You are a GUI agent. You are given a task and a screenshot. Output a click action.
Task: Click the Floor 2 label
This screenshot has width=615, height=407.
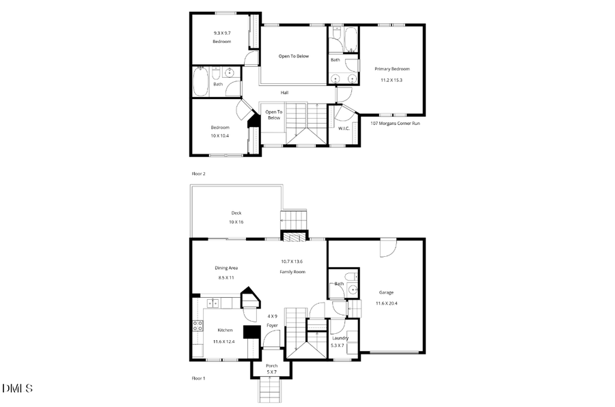coord(198,174)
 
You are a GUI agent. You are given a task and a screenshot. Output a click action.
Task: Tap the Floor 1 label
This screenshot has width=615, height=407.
coord(198,378)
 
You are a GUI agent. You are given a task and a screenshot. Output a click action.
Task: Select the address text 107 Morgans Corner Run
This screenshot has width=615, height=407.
coord(395,124)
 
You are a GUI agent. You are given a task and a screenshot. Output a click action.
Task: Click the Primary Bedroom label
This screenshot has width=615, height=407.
coord(392,69)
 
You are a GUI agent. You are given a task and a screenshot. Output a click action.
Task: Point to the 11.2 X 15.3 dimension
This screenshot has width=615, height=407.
coord(392,80)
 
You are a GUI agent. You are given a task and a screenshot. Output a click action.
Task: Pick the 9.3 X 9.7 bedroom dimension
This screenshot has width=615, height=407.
coord(221,33)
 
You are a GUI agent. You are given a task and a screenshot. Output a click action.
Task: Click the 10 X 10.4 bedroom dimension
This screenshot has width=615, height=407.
coord(220,136)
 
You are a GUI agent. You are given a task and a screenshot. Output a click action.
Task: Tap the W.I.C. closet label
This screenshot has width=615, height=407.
coord(344,128)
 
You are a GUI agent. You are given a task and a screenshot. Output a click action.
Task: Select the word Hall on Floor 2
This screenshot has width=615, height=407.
coord(284,93)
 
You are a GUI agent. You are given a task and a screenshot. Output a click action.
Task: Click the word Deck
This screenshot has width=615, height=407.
coord(236,213)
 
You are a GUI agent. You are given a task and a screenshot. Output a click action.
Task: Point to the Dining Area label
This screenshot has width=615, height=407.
coord(226,268)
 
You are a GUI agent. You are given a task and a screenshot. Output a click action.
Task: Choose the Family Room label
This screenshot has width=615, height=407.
coord(292,272)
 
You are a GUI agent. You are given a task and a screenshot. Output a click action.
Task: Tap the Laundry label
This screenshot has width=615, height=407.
coord(340,338)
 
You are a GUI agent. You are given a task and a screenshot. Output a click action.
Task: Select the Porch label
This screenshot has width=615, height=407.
coord(271,365)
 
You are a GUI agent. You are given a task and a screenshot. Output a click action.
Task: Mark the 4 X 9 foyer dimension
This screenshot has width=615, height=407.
coord(272,316)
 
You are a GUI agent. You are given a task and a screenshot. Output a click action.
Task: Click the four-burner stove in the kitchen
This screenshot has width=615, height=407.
coord(197,326)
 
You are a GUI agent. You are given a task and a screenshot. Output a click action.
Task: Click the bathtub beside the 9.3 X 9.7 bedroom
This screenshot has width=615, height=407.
coord(201,81)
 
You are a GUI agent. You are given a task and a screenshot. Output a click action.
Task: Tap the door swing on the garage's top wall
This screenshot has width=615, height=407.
coord(387,247)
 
